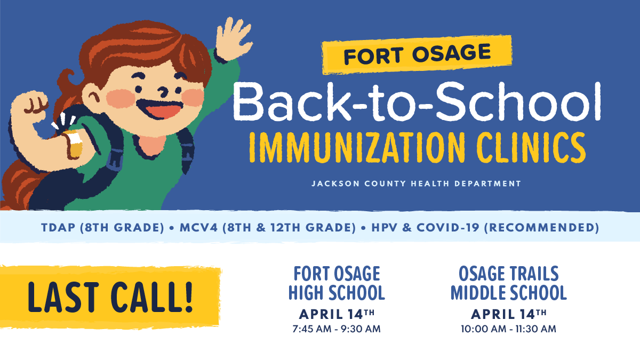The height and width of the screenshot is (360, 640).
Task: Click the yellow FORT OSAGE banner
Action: click(417, 54)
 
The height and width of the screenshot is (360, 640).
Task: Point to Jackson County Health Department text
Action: click(416, 183)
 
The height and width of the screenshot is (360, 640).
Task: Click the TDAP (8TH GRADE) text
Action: click(102, 228)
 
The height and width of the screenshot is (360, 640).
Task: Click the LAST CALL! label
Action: click(110, 297)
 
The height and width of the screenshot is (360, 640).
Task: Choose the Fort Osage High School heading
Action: click(337, 283)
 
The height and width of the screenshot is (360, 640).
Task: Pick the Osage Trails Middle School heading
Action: click(508, 283)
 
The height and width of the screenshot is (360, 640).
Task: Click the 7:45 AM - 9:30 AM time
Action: click(337, 329)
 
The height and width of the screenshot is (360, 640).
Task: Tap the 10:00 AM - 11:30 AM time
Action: click(508, 329)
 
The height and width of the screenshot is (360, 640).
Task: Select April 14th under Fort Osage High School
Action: click(337, 313)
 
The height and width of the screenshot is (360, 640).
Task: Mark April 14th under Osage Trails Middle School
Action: click(508, 313)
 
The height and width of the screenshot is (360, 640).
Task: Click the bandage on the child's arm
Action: click(74, 142)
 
